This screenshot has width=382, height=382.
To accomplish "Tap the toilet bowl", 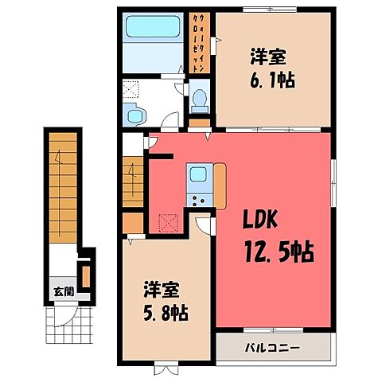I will point(201,99).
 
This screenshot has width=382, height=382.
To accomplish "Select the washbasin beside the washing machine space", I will point(134,116).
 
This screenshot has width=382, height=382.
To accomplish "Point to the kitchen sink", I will point(197,173).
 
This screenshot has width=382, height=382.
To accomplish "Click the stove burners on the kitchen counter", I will point(197,200).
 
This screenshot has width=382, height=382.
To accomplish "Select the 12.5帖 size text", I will point(277,253).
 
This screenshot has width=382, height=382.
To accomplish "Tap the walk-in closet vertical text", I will point(197,44).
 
